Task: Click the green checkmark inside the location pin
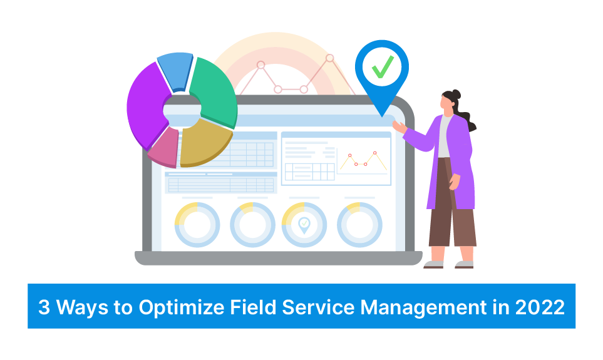pos(383,67)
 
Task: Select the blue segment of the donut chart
pos(175,71)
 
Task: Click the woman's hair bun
pos(456,95)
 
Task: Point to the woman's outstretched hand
pos(399,126)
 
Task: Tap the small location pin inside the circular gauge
pos(304,225)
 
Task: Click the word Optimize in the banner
pos(182,307)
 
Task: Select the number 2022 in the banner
pos(540,307)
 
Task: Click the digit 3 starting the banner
pos(44,307)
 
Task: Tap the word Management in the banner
pos(424,307)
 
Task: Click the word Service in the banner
pos(318,307)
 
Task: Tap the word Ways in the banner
pos(82,307)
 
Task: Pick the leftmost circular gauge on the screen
pos(197,225)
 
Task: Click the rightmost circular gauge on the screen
pos(359,225)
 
